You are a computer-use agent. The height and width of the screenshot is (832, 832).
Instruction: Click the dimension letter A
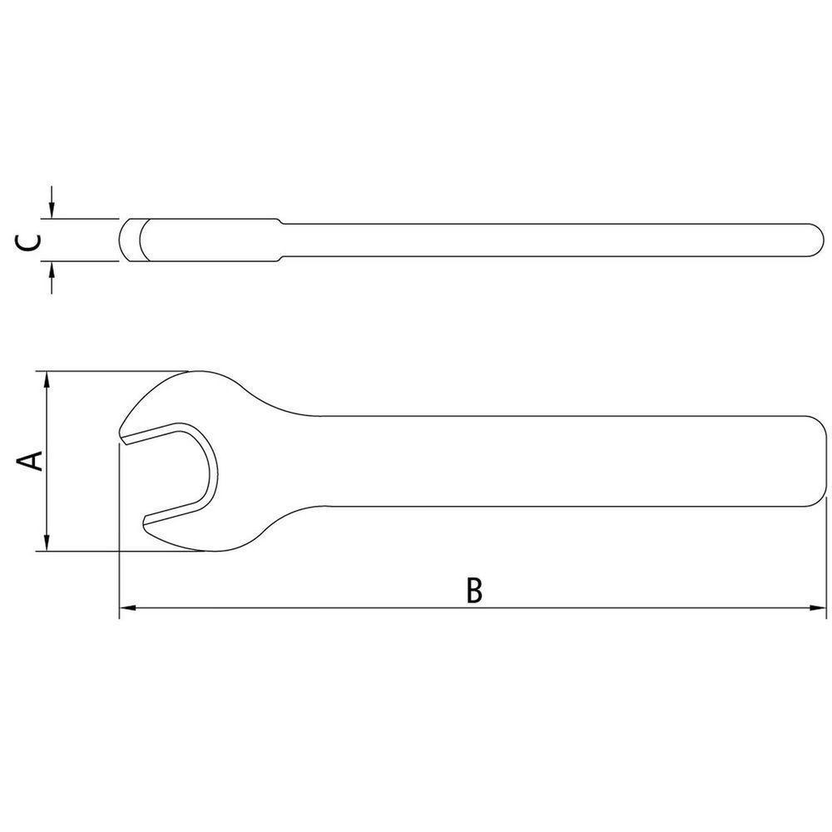(31, 461)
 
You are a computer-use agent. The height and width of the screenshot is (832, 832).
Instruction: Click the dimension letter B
(473, 589)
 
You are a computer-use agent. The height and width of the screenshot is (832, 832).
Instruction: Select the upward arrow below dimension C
(52, 271)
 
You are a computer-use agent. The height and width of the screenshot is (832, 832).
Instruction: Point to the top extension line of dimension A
(108, 371)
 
